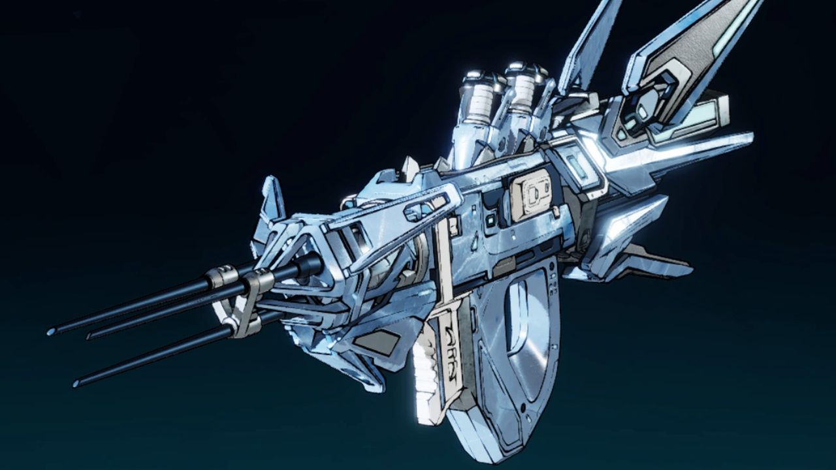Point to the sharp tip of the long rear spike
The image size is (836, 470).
tap(751, 136)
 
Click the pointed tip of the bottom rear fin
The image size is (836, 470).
tap(689, 268)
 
